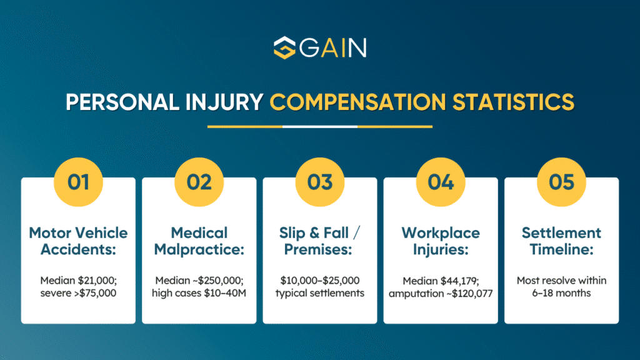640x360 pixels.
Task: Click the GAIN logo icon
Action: (x=284, y=48)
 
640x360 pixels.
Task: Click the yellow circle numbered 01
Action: (x=78, y=182)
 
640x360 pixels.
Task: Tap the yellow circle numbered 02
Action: (x=199, y=182)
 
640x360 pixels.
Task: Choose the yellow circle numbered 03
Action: (x=319, y=182)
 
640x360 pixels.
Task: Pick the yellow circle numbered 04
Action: (x=441, y=182)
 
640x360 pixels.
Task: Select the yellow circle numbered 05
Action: (x=561, y=182)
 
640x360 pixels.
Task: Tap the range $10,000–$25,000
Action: (x=319, y=281)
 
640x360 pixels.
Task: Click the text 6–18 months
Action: (x=561, y=293)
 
